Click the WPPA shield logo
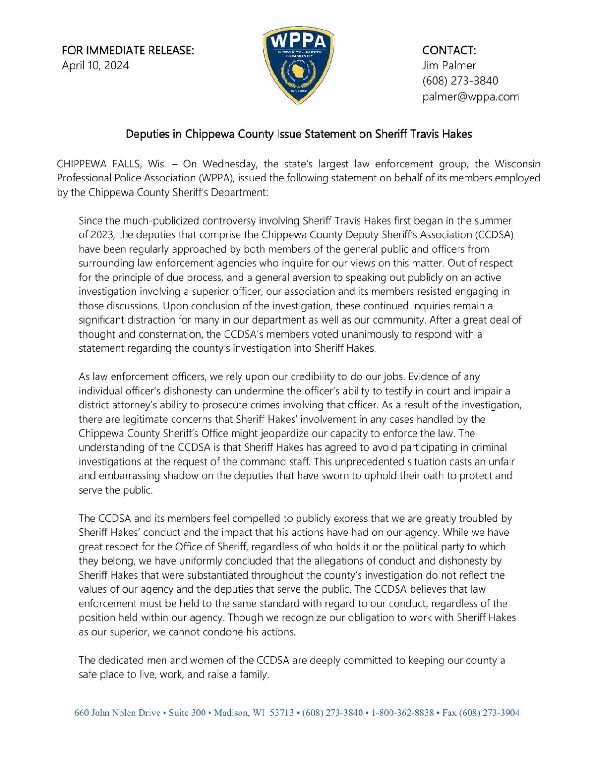298,65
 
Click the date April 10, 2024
95,66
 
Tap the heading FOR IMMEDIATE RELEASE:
128,50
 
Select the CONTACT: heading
449,50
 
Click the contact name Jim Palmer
449,66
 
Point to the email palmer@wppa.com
470,97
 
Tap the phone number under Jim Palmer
460,81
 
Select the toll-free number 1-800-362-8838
402,713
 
